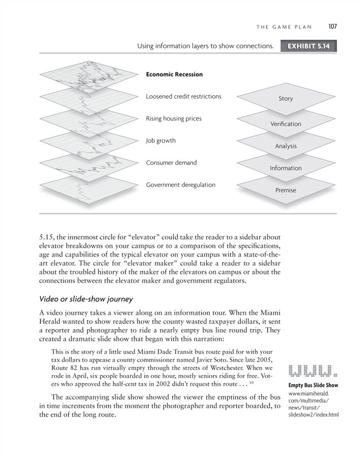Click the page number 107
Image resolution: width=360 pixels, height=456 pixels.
click(x=334, y=26)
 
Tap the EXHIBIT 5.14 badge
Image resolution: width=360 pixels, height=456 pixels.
click(x=309, y=46)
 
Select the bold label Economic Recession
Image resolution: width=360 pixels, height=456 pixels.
click(x=174, y=74)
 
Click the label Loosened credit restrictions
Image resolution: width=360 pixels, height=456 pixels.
click(x=183, y=96)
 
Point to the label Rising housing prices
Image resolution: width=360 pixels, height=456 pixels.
click(x=174, y=119)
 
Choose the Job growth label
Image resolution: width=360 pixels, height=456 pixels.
click(x=160, y=140)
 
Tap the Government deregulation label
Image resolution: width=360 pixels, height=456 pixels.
click(x=180, y=185)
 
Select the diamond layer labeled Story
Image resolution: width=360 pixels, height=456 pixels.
click(x=286, y=99)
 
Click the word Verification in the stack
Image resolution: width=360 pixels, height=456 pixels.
click(x=286, y=124)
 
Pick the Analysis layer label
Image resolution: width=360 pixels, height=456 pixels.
click(x=286, y=146)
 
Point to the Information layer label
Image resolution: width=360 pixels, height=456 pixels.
click(x=286, y=168)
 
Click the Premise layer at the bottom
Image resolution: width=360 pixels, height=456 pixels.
click(x=286, y=190)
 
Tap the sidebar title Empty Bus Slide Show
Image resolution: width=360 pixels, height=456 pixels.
click(x=313, y=385)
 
